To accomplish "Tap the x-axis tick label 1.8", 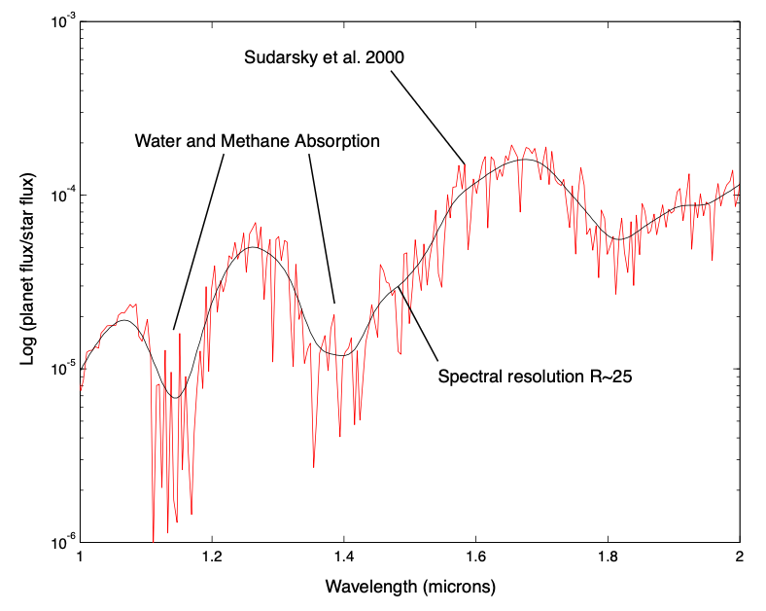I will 608,558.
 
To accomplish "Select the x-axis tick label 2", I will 740,558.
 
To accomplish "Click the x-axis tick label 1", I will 80,558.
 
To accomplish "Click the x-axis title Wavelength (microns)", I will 409,588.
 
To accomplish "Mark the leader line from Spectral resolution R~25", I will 418,326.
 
